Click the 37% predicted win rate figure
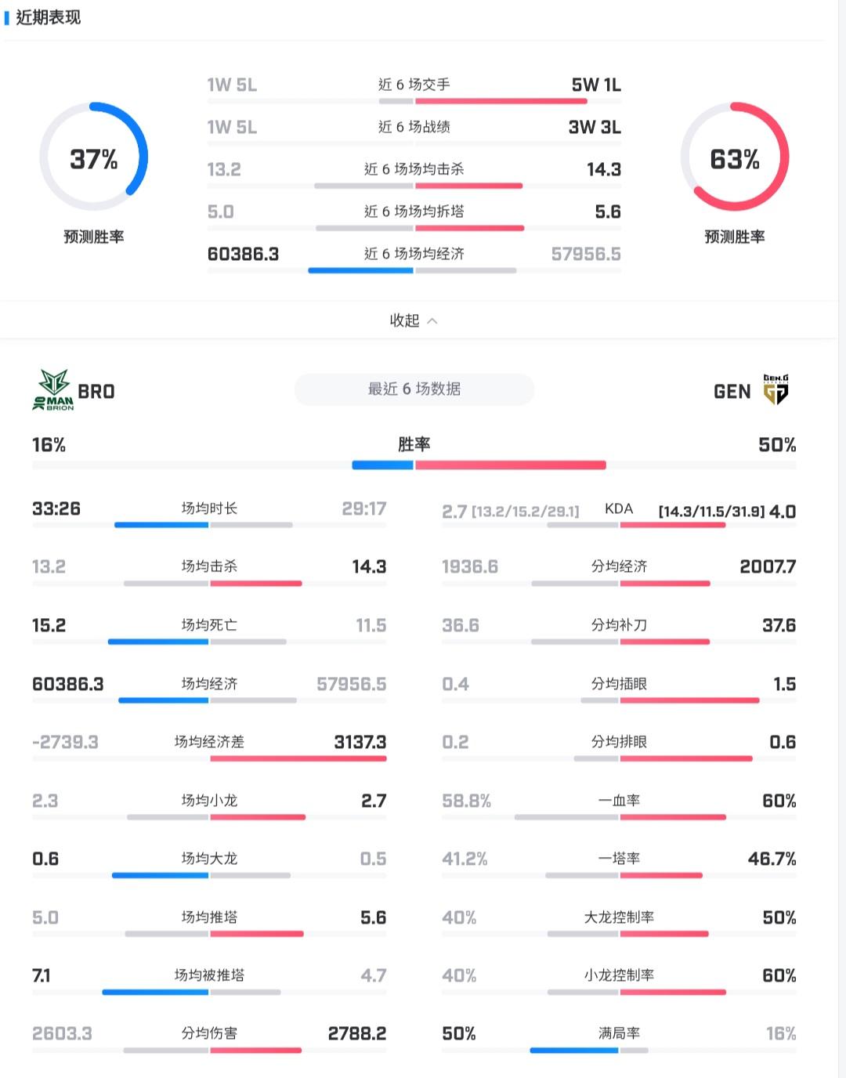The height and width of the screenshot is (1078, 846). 93,160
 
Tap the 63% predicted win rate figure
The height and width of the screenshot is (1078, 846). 734,160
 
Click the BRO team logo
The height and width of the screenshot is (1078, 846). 54,390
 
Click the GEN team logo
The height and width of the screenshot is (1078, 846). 775,389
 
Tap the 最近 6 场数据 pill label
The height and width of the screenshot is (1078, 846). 414,389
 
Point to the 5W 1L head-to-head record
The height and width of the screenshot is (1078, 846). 595,85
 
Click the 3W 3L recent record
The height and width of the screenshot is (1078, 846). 595,127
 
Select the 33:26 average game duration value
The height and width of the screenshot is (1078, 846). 56,508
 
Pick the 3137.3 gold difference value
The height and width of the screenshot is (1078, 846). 360,742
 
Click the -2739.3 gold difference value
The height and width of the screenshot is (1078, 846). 65,742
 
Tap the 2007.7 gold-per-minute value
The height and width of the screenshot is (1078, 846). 768,566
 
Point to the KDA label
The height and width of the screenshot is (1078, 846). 619,508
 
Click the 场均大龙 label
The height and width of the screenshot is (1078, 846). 209,859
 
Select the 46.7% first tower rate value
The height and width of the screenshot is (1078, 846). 772,859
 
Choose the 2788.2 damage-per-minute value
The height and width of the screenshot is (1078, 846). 356,1033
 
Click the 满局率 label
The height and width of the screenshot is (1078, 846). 619,1033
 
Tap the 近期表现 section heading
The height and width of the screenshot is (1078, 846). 48,17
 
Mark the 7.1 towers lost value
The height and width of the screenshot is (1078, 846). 42,975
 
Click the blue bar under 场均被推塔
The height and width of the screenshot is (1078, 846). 155,992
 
